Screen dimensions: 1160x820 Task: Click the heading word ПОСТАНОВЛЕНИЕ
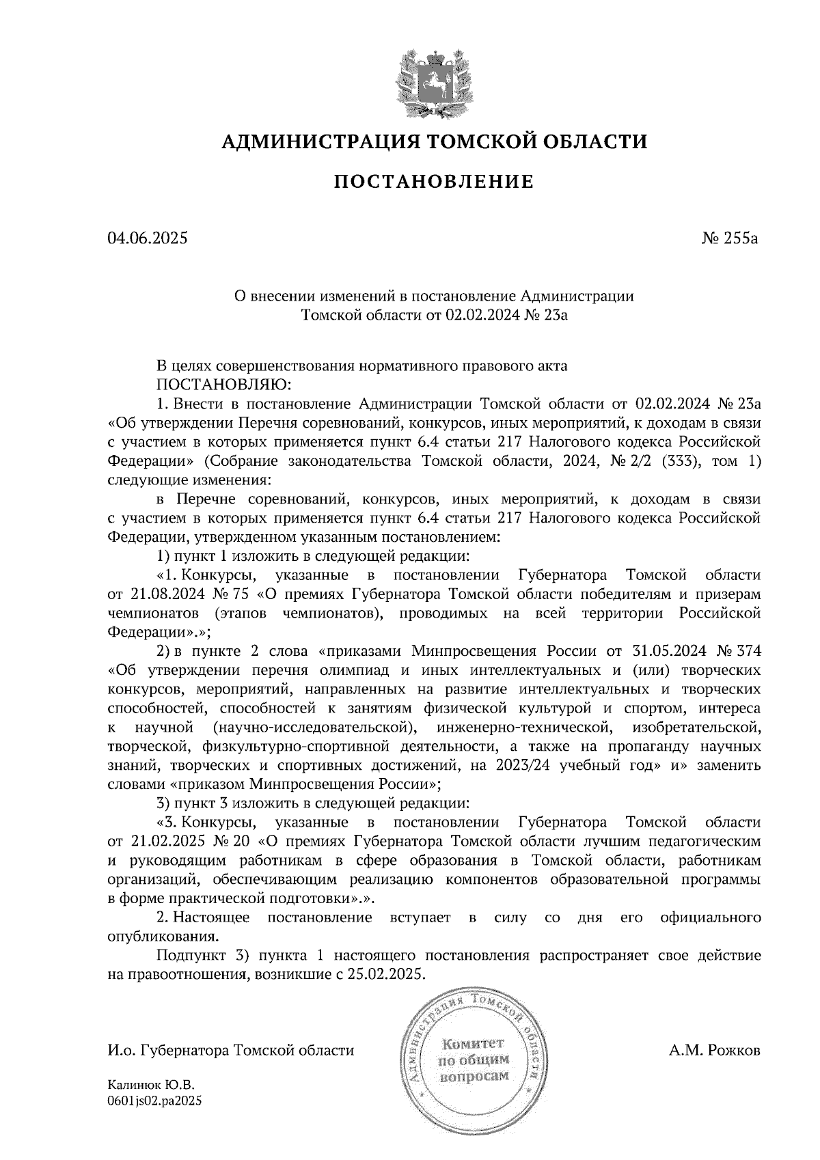coord(434,182)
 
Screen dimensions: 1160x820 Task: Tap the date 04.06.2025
coord(147,238)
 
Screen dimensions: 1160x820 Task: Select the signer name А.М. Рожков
coord(714,1050)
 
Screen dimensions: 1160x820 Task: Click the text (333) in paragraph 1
coord(678,461)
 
